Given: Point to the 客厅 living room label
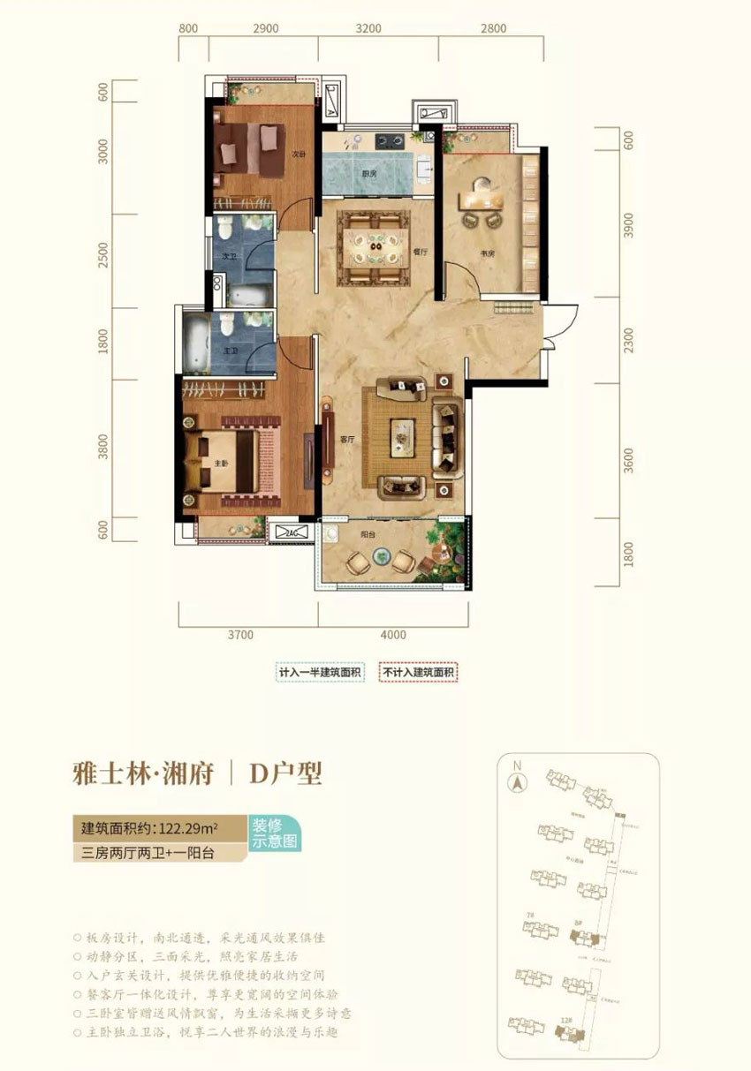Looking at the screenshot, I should pos(347,438).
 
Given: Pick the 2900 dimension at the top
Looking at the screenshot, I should pos(265,28).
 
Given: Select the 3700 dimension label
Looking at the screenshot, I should pos(239,634).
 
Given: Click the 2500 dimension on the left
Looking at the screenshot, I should pos(103,255).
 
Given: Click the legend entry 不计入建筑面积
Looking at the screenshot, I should pos(419,673).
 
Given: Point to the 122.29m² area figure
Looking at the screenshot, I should pos(189,828).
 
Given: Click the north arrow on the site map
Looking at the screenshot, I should pos(517,780).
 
